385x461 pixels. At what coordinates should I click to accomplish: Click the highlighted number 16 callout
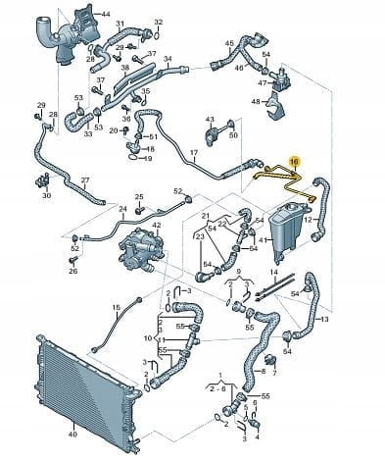[x=295, y=162]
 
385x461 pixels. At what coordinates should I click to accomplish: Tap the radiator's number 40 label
[x=72, y=435]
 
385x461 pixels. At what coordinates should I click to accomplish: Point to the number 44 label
[x=106, y=14]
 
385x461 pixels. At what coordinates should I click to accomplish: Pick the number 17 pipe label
[x=194, y=153]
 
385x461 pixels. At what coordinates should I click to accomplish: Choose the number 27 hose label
[x=85, y=180]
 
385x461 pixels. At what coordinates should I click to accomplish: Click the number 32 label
[x=159, y=23]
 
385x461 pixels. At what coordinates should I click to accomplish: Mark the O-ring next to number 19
[x=133, y=158]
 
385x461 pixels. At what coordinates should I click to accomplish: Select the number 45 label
[x=229, y=43]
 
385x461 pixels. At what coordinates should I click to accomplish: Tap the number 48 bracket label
[x=256, y=102]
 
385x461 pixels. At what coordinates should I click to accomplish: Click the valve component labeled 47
[x=280, y=78]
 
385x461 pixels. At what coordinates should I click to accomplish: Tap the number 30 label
[x=47, y=196]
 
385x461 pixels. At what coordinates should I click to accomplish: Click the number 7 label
[x=274, y=373]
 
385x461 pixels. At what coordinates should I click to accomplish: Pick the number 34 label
[x=168, y=59]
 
